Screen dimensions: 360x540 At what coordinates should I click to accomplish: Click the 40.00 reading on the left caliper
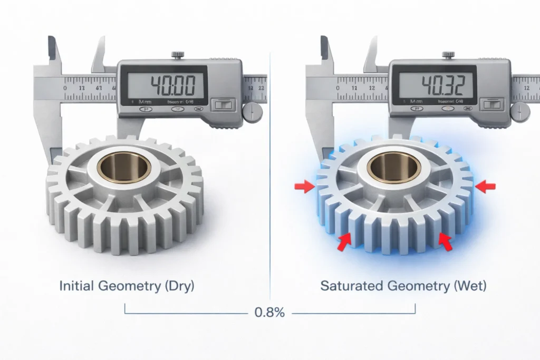click(173, 85)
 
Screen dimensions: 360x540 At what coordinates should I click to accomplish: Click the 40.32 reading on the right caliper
click(444, 85)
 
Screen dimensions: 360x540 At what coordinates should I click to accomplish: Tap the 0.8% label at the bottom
click(269, 312)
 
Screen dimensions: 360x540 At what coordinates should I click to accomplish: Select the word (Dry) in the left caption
click(179, 286)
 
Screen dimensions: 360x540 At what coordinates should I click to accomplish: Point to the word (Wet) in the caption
click(466, 286)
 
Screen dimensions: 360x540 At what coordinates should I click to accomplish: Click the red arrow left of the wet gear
click(304, 186)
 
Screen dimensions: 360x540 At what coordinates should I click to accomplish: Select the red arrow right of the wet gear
click(486, 186)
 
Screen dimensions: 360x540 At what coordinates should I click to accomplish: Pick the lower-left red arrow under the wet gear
click(345, 241)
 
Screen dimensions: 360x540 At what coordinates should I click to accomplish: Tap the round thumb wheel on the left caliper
click(252, 112)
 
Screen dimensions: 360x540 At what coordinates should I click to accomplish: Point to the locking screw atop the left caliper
click(176, 54)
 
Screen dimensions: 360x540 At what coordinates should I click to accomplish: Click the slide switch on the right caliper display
click(491, 105)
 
